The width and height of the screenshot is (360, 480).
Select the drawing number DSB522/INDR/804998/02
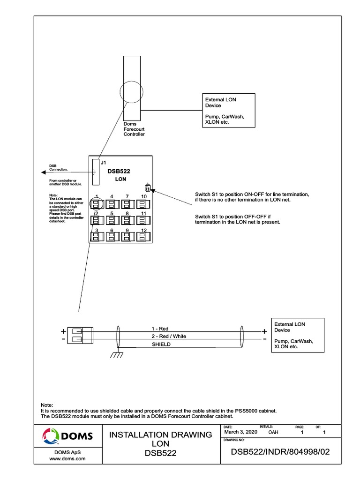280,452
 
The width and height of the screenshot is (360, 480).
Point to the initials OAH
273,432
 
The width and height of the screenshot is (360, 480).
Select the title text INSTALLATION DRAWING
160,435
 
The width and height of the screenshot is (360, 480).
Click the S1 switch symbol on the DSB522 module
148,188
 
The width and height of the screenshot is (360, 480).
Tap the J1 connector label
104,162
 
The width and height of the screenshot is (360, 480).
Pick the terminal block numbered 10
143,204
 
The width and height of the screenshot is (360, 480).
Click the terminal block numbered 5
112,221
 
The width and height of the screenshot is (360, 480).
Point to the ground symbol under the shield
116,354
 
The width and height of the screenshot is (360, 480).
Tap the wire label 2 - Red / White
168,336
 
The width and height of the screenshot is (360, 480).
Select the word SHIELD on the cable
161,344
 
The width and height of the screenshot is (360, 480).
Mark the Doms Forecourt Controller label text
134,129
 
